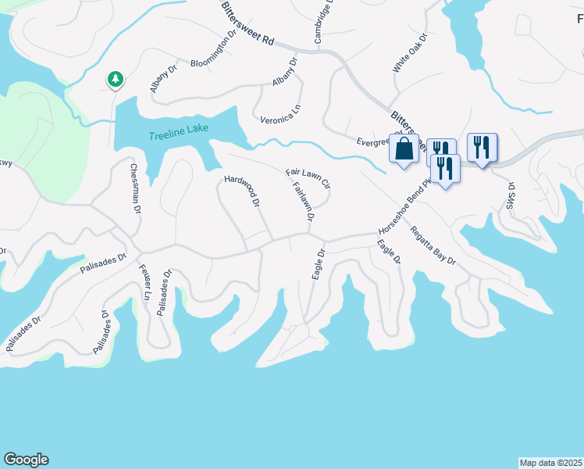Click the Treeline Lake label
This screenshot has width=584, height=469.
pos(179,132)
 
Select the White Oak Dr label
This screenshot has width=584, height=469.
pos(410,53)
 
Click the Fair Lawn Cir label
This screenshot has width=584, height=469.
pos(308,177)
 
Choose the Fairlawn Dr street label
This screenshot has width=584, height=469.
pos(302,202)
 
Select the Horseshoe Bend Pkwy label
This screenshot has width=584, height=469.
pos(404,212)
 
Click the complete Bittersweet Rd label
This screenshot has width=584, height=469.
pos(246,23)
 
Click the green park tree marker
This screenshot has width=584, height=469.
pos(115,79)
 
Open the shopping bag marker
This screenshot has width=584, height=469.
pos(404,149)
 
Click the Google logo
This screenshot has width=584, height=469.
pos(26,460)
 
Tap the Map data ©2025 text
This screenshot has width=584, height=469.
pos(550,462)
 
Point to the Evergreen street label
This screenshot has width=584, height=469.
pos(372,141)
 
